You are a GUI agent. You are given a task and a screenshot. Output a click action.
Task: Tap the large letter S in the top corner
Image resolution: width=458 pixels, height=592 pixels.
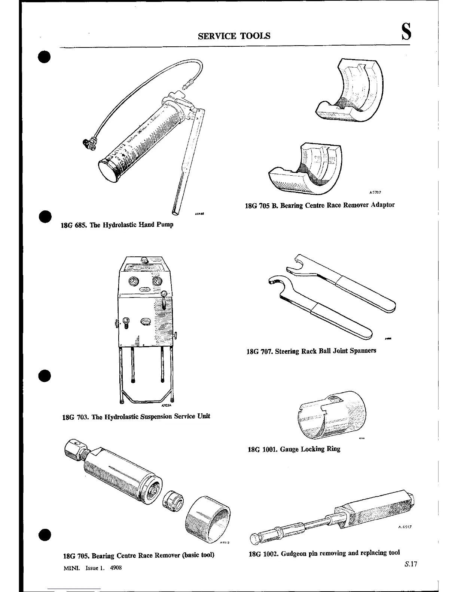click(x=406, y=31)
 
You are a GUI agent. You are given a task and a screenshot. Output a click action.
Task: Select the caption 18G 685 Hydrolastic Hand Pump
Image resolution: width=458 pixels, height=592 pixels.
click(x=117, y=225)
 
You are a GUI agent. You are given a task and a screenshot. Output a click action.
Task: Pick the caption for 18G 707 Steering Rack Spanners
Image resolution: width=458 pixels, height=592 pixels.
click(x=311, y=351)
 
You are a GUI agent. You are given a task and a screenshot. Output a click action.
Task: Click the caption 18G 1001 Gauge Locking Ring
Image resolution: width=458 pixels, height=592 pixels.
click(x=294, y=449)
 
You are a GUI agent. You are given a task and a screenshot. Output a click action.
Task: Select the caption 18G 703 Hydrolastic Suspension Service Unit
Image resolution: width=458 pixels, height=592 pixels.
click(x=136, y=416)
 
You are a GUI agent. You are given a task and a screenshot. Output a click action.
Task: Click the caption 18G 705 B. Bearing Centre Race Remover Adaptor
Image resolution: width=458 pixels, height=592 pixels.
click(x=320, y=205)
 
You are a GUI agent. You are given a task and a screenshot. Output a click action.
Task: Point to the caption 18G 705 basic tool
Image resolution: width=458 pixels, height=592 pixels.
click(x=138, y=555)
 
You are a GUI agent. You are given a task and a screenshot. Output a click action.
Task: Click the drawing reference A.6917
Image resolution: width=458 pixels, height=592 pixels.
click(x=405, y=527)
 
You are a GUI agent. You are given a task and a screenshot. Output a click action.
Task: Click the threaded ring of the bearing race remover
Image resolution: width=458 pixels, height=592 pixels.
click(x=207, y=518)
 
